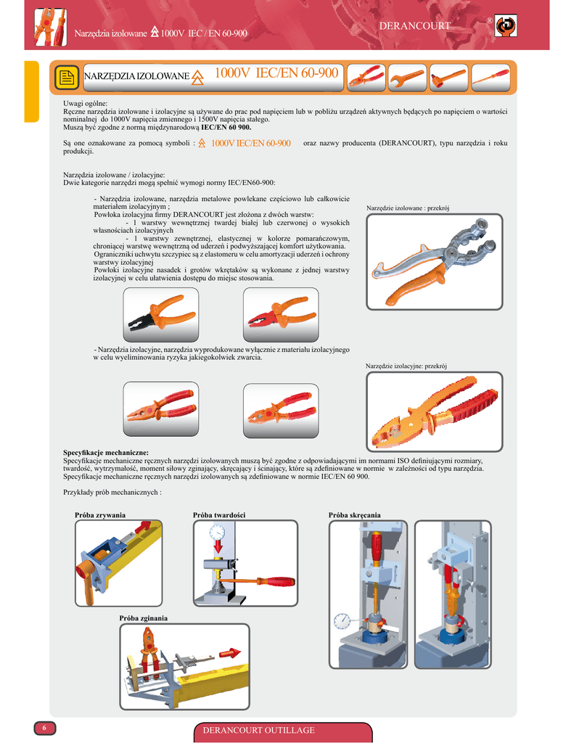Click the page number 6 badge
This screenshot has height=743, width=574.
(44, 728)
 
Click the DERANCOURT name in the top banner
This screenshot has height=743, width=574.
(415, 26)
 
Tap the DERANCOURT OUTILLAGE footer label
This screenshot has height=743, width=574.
(259, 730)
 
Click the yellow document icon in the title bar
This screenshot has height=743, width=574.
(67, 77)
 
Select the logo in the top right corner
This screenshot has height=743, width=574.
(506, 25)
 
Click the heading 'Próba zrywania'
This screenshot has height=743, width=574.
(100, 515)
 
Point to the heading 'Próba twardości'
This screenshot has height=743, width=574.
(219, 515)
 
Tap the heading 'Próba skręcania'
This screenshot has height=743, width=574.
(355, 515)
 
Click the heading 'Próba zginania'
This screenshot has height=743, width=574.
(143, 618)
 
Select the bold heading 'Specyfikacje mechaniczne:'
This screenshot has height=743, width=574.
(106, 453)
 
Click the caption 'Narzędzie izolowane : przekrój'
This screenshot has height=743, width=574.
(408, 208)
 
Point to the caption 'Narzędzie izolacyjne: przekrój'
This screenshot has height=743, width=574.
(406, 366)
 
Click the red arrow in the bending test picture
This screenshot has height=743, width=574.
(230, 653)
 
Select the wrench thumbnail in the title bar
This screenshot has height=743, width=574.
(407, 78)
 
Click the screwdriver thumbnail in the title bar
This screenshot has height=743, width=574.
(490, 78)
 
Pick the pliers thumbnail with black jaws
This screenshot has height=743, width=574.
(160, 315)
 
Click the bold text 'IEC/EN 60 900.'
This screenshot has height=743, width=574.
(226, 128)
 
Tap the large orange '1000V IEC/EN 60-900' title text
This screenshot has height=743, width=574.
(276, 73)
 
